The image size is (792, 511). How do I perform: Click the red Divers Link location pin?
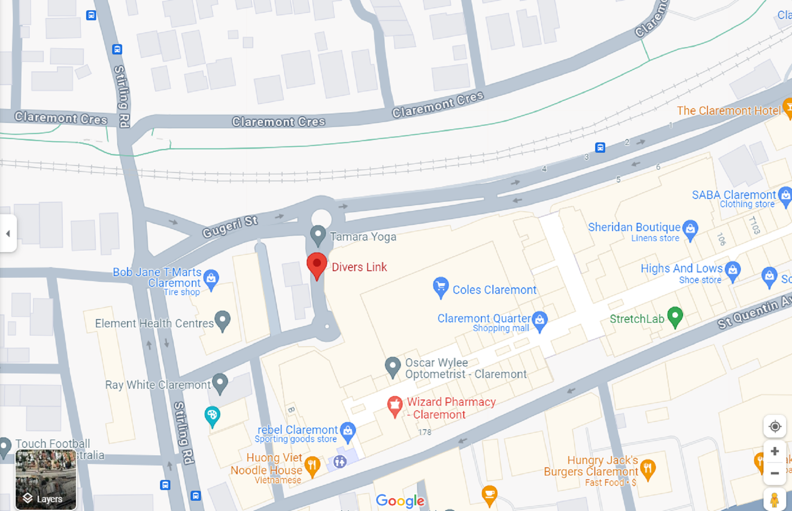(317, 265)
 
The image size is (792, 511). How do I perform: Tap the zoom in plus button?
(774, 451)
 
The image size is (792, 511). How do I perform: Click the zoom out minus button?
(774, 473)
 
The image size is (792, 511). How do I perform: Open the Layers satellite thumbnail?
(46, 480)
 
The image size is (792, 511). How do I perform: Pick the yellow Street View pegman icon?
(774, 500)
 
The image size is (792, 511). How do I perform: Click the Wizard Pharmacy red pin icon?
(394, 405)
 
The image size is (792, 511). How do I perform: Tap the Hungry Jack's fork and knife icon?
(648, 469)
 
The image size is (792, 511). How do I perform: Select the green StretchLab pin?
(675, 316)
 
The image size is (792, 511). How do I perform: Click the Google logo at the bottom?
(400, 501)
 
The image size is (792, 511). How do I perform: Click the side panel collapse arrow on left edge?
(8, 234)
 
